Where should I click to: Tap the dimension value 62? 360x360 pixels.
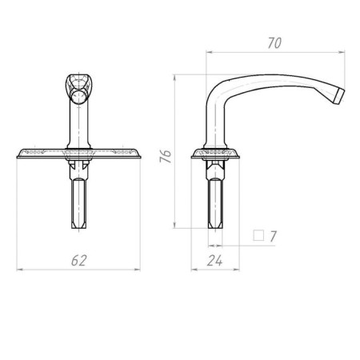point(78,261)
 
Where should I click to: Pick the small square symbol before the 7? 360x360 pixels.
point(258,236)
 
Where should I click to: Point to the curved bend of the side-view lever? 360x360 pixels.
point(218,92)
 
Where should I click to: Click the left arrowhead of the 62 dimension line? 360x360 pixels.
point(19,270)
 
